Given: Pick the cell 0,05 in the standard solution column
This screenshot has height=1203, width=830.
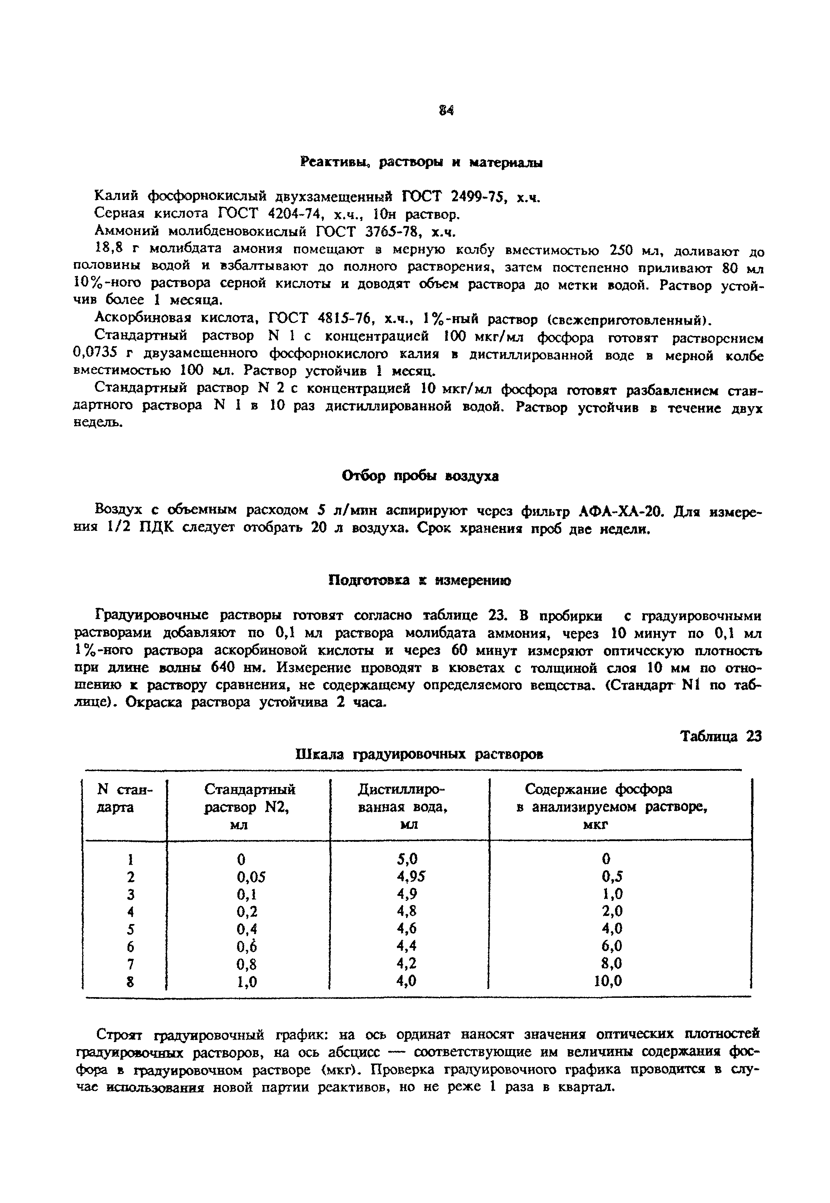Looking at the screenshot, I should (x=251, y=877).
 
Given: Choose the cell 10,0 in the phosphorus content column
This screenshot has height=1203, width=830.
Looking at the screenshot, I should (x=608, y=981).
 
